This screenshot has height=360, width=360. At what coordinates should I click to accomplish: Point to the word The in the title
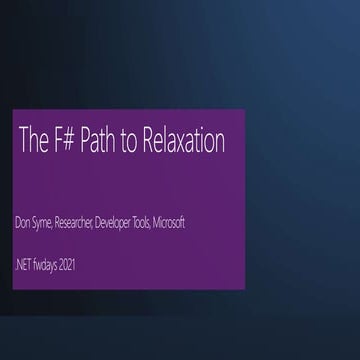click(30, 142)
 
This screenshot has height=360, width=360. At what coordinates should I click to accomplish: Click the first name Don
click(23, 221)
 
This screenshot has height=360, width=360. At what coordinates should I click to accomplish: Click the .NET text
click(24, 265)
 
